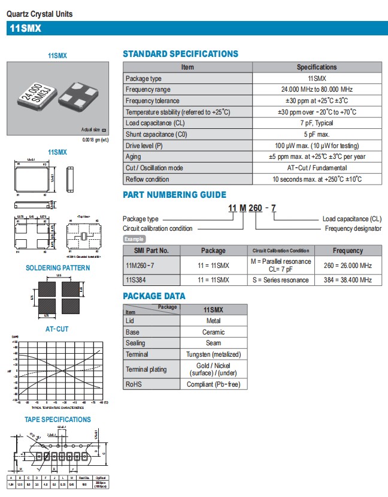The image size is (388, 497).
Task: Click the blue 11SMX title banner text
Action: coord(25,28)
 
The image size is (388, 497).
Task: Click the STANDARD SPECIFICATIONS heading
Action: coord(180,54)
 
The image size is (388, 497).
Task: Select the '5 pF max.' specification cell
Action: coord(317,134)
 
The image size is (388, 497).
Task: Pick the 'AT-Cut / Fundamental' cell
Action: coord(317,168)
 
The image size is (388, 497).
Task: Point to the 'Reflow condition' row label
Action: coord(147,179)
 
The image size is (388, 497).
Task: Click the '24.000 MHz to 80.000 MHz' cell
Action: coord(317,89)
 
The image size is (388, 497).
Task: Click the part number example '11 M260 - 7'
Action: coord(251,208)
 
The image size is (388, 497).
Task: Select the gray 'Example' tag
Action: coord(134,239)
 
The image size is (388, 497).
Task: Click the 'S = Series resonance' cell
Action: coord(281,280)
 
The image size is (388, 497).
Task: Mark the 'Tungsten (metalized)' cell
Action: coord(213,354)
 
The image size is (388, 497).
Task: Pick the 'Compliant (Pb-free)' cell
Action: coord(213,384)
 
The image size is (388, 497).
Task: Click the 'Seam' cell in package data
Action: coord(213,343)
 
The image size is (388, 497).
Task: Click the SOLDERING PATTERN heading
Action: coord(57,267)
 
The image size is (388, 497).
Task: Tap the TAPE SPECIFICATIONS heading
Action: coord(57,420)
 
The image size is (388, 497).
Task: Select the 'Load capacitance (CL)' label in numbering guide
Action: coord(351,219)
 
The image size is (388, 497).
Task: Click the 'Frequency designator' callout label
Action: coord(353,228)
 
